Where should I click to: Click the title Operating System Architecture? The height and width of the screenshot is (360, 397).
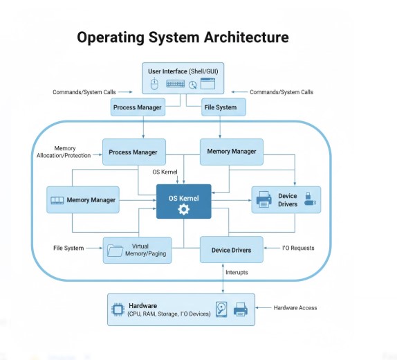[x=183, y=37]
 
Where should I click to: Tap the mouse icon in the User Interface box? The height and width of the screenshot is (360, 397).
[x=154, y=83]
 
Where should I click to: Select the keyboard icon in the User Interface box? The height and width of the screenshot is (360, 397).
[x=176, y=83]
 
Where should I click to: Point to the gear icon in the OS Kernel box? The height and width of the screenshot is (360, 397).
[x=183, y=209]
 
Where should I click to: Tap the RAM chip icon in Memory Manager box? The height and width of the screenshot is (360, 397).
[x=57, y=201]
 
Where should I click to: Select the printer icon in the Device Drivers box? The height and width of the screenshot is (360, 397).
[x=263, y=201]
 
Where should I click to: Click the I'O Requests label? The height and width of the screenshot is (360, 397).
[x=299, y=247]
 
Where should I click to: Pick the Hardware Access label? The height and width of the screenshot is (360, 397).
[x=295, y=307]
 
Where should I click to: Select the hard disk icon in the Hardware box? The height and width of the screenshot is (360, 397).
[x=221, y=309]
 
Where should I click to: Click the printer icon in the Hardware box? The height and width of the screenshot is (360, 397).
[x=240, y=309]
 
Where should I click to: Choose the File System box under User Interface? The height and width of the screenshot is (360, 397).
[x=220, y=107]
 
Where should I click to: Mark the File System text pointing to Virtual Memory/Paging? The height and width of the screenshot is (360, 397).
[x=68, y=248]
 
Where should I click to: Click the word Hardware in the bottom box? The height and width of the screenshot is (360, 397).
[x=142, y=305]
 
